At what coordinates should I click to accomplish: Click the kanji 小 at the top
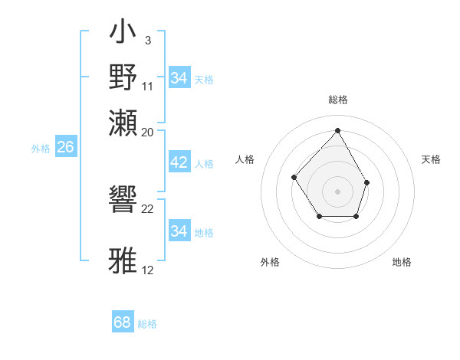tap(125, 35)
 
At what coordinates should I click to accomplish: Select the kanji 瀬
tap(125, 123)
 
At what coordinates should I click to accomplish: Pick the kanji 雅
tap(125, 260)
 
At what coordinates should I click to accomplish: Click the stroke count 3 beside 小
tap(147, 40)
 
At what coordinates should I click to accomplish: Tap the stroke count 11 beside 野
tap(148, 86)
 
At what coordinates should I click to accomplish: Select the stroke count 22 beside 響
tap(148, 209)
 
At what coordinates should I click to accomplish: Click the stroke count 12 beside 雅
tap(148, 270)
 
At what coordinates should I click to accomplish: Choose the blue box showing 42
tap(179, 162)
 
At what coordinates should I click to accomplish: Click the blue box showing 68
tap(122, 322)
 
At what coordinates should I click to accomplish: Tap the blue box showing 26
tap(65, 147)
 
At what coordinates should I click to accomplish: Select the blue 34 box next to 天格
tap(179, 78)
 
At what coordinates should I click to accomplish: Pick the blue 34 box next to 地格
tap(179, 231)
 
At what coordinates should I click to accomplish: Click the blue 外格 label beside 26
tap(40, 149)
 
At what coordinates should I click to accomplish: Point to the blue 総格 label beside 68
tap(147, 324)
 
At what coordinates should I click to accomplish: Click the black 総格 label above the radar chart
tap(337, 100)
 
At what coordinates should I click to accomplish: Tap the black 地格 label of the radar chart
tap(402, 262)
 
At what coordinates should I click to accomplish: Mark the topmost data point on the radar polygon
tap(337, 129)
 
